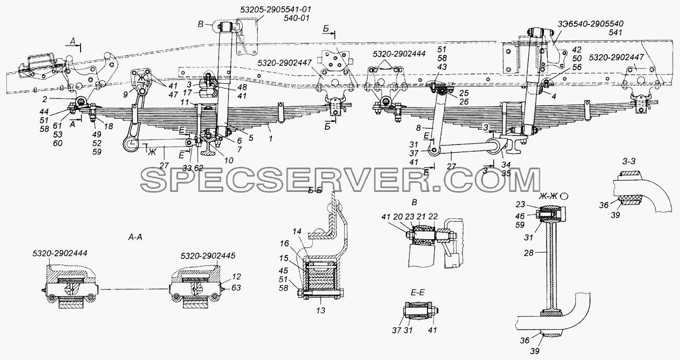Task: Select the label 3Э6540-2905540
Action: [x=591, y=24]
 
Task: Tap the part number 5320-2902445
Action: [x=208, y=256]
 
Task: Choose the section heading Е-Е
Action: [x=418, y=292]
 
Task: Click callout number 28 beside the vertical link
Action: [x=528, y=253]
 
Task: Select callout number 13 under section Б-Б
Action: [x=321, y=310]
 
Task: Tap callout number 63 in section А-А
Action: [x=236, y=287]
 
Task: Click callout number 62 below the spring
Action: [x=199, y=167]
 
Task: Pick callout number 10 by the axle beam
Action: [x=229, y=160]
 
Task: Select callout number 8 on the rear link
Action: [x=418, y=128]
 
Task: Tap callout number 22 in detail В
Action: [x=433, y=217]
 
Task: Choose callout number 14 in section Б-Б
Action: [x=297, y=232]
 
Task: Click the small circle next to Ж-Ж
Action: [x=564, y=197]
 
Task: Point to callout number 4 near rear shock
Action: [x=554, y=97]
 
